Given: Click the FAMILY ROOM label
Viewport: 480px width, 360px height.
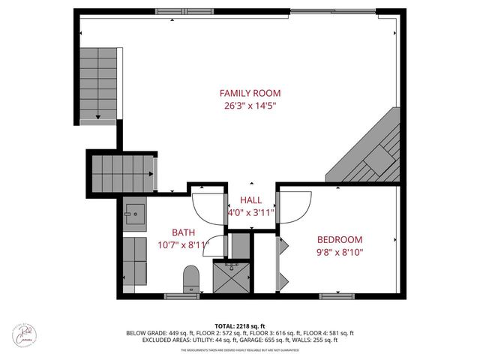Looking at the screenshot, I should click(250, 93).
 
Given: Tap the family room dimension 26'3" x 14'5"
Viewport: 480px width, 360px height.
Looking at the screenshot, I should click(250, 106).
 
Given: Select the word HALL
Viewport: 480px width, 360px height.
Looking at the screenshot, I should click(250, 200).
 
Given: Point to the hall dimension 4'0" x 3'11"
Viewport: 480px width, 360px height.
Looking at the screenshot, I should click(250, 213).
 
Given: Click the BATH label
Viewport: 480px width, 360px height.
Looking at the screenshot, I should click(183, 232).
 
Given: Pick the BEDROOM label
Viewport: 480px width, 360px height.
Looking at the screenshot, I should click(340, 239).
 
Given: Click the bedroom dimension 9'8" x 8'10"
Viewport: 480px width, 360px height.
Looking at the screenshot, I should click(340, 252).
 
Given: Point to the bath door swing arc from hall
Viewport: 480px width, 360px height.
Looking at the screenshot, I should click(208, 206).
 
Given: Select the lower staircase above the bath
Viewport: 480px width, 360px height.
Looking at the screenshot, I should click(123, 173).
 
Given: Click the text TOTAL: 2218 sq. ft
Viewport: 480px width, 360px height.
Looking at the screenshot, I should click(240, 325).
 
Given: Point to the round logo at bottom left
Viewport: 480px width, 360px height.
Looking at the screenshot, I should click(32, 335).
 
